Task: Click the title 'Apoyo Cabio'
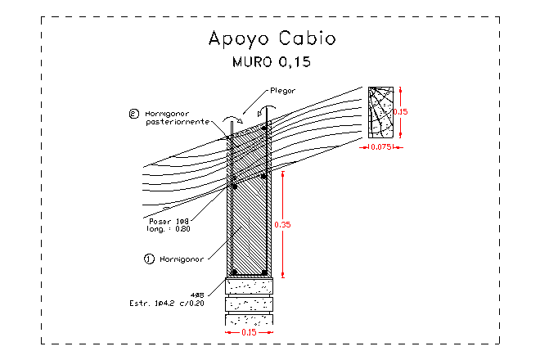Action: pyautogui.click(x=271, y=38)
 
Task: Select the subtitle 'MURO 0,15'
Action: pyautogui.click(x=271, y=61)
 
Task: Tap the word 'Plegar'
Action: pyautogui.click(x=281, y=91)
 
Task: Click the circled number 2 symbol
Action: pyautogui.click(x=134, y=113)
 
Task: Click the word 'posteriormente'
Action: pyautogui.click(x=177, y=122)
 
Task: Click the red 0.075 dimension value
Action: pyautogui.click(x=381, y=147)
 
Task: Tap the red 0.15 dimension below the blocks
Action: pyautogui.click(x=250, y=333)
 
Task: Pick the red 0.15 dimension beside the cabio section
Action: pyautogui.click(x=402, y=111)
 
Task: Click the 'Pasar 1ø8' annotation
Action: pyautogui.click(x=169, y=221)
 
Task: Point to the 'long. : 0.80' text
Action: pyautogui.click(x=168, y=229)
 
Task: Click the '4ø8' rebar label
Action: pyautogui.click(x=196, y=295)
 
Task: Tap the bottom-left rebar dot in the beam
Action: pyautogui.click(x=235, y=272)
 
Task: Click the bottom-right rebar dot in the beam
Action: pyautogui.click(x=263, y=272)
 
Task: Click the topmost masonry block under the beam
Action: pyautogui.click(x=250, y=286)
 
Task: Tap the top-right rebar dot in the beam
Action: pyautogui.click(x=263, y=128)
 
